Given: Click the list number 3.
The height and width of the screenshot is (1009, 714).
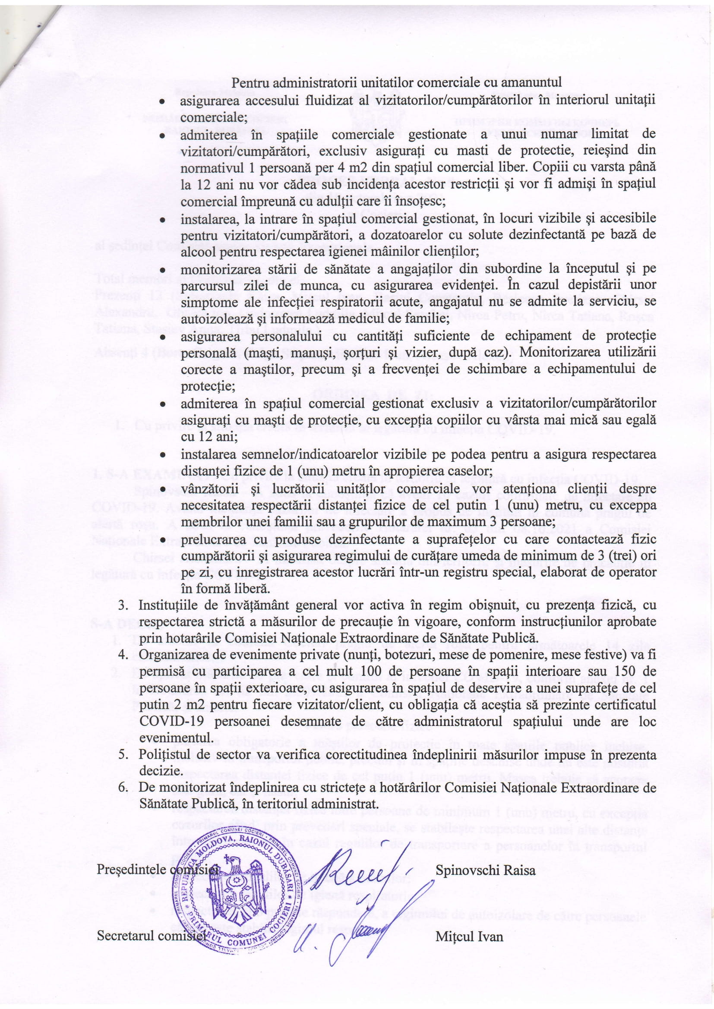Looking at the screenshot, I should point(123,605).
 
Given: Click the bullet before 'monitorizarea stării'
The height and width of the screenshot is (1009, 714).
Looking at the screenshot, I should point(162,269).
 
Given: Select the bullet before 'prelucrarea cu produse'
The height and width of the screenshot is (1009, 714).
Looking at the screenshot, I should point(162,539).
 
